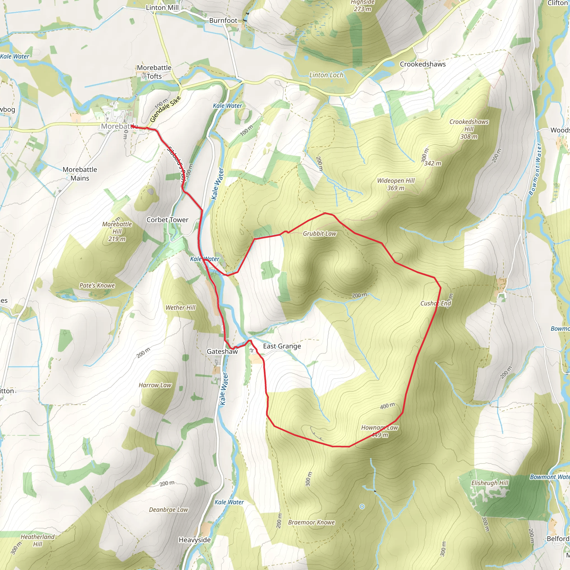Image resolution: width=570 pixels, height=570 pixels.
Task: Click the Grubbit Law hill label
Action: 320,234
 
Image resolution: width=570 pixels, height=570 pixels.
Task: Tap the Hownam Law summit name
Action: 380,427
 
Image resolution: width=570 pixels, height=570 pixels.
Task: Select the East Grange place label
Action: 282,346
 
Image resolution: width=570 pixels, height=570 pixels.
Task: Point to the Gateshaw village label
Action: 222,352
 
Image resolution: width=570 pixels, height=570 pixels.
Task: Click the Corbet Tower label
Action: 167,220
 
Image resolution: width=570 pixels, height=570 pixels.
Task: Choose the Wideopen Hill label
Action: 396,181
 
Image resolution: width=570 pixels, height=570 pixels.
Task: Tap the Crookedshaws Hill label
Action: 469,129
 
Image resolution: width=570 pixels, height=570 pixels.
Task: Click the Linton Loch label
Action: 326,75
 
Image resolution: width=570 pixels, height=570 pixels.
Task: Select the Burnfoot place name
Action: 223,20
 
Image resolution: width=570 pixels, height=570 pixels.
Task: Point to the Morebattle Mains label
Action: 80,174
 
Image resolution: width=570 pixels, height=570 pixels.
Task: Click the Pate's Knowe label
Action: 97,285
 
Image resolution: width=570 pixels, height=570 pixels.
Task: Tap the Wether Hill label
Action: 180,308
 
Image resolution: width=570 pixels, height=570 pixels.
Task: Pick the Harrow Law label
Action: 155,385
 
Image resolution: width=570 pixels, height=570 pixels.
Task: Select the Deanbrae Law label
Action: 168,510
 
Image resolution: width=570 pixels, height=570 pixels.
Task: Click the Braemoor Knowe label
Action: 311,522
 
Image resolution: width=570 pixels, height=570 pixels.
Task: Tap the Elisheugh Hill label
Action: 490,483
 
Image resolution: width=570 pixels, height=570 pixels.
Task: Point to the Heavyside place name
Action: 195,540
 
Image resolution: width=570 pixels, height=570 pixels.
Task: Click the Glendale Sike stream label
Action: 165,109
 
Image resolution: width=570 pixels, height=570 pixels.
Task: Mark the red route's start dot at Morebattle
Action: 132,126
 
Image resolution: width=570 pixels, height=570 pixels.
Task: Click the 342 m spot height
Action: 433,163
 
